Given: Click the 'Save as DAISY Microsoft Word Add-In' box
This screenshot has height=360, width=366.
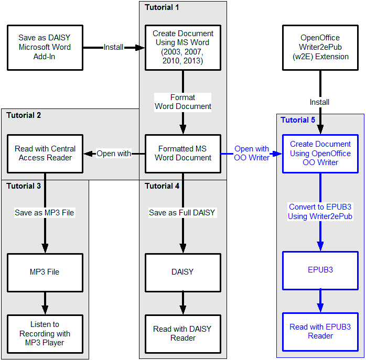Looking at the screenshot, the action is (x=45, y=47).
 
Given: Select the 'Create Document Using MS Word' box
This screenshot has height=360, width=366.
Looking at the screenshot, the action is (x=183, y=47).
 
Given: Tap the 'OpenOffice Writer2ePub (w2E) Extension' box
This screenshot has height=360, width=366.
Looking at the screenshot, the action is (x=320, y=47).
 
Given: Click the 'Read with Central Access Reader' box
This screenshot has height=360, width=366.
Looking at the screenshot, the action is (x=45, y=154).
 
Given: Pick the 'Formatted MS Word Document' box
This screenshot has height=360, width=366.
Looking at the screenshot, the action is (x=183, y=154).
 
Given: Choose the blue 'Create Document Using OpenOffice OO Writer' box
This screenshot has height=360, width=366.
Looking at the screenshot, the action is (x=320, y=154).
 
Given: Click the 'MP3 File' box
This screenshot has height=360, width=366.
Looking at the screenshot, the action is (x=45, y=272).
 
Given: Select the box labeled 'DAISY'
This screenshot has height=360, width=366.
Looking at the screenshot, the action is (x=183, y=272).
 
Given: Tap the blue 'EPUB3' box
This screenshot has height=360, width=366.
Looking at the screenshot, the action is (x=320, y=270).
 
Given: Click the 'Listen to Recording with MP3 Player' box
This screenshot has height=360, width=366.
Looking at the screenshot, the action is (x=45, y=334).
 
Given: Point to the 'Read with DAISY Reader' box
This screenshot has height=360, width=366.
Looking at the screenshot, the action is (x=183, y=334).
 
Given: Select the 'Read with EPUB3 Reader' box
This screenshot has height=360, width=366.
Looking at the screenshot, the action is (x=320, y=332).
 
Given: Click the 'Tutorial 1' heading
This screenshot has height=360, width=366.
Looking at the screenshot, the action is (x=162, y=7).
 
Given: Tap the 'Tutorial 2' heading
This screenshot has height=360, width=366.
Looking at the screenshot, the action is (x=24, y=115).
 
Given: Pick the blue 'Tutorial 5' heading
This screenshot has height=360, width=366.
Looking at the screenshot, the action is (x=298, y=120).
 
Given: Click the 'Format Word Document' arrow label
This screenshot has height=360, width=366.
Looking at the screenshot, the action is (x=183, y=102).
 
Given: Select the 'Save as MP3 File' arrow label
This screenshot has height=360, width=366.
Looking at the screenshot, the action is (x=45, y=213).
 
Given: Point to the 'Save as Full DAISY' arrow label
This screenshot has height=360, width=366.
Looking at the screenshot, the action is (x=182, y=213).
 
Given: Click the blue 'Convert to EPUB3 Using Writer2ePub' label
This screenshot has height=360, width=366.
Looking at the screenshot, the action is (x=320, y=212).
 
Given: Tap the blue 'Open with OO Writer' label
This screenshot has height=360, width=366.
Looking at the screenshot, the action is (x=252, y=154).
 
